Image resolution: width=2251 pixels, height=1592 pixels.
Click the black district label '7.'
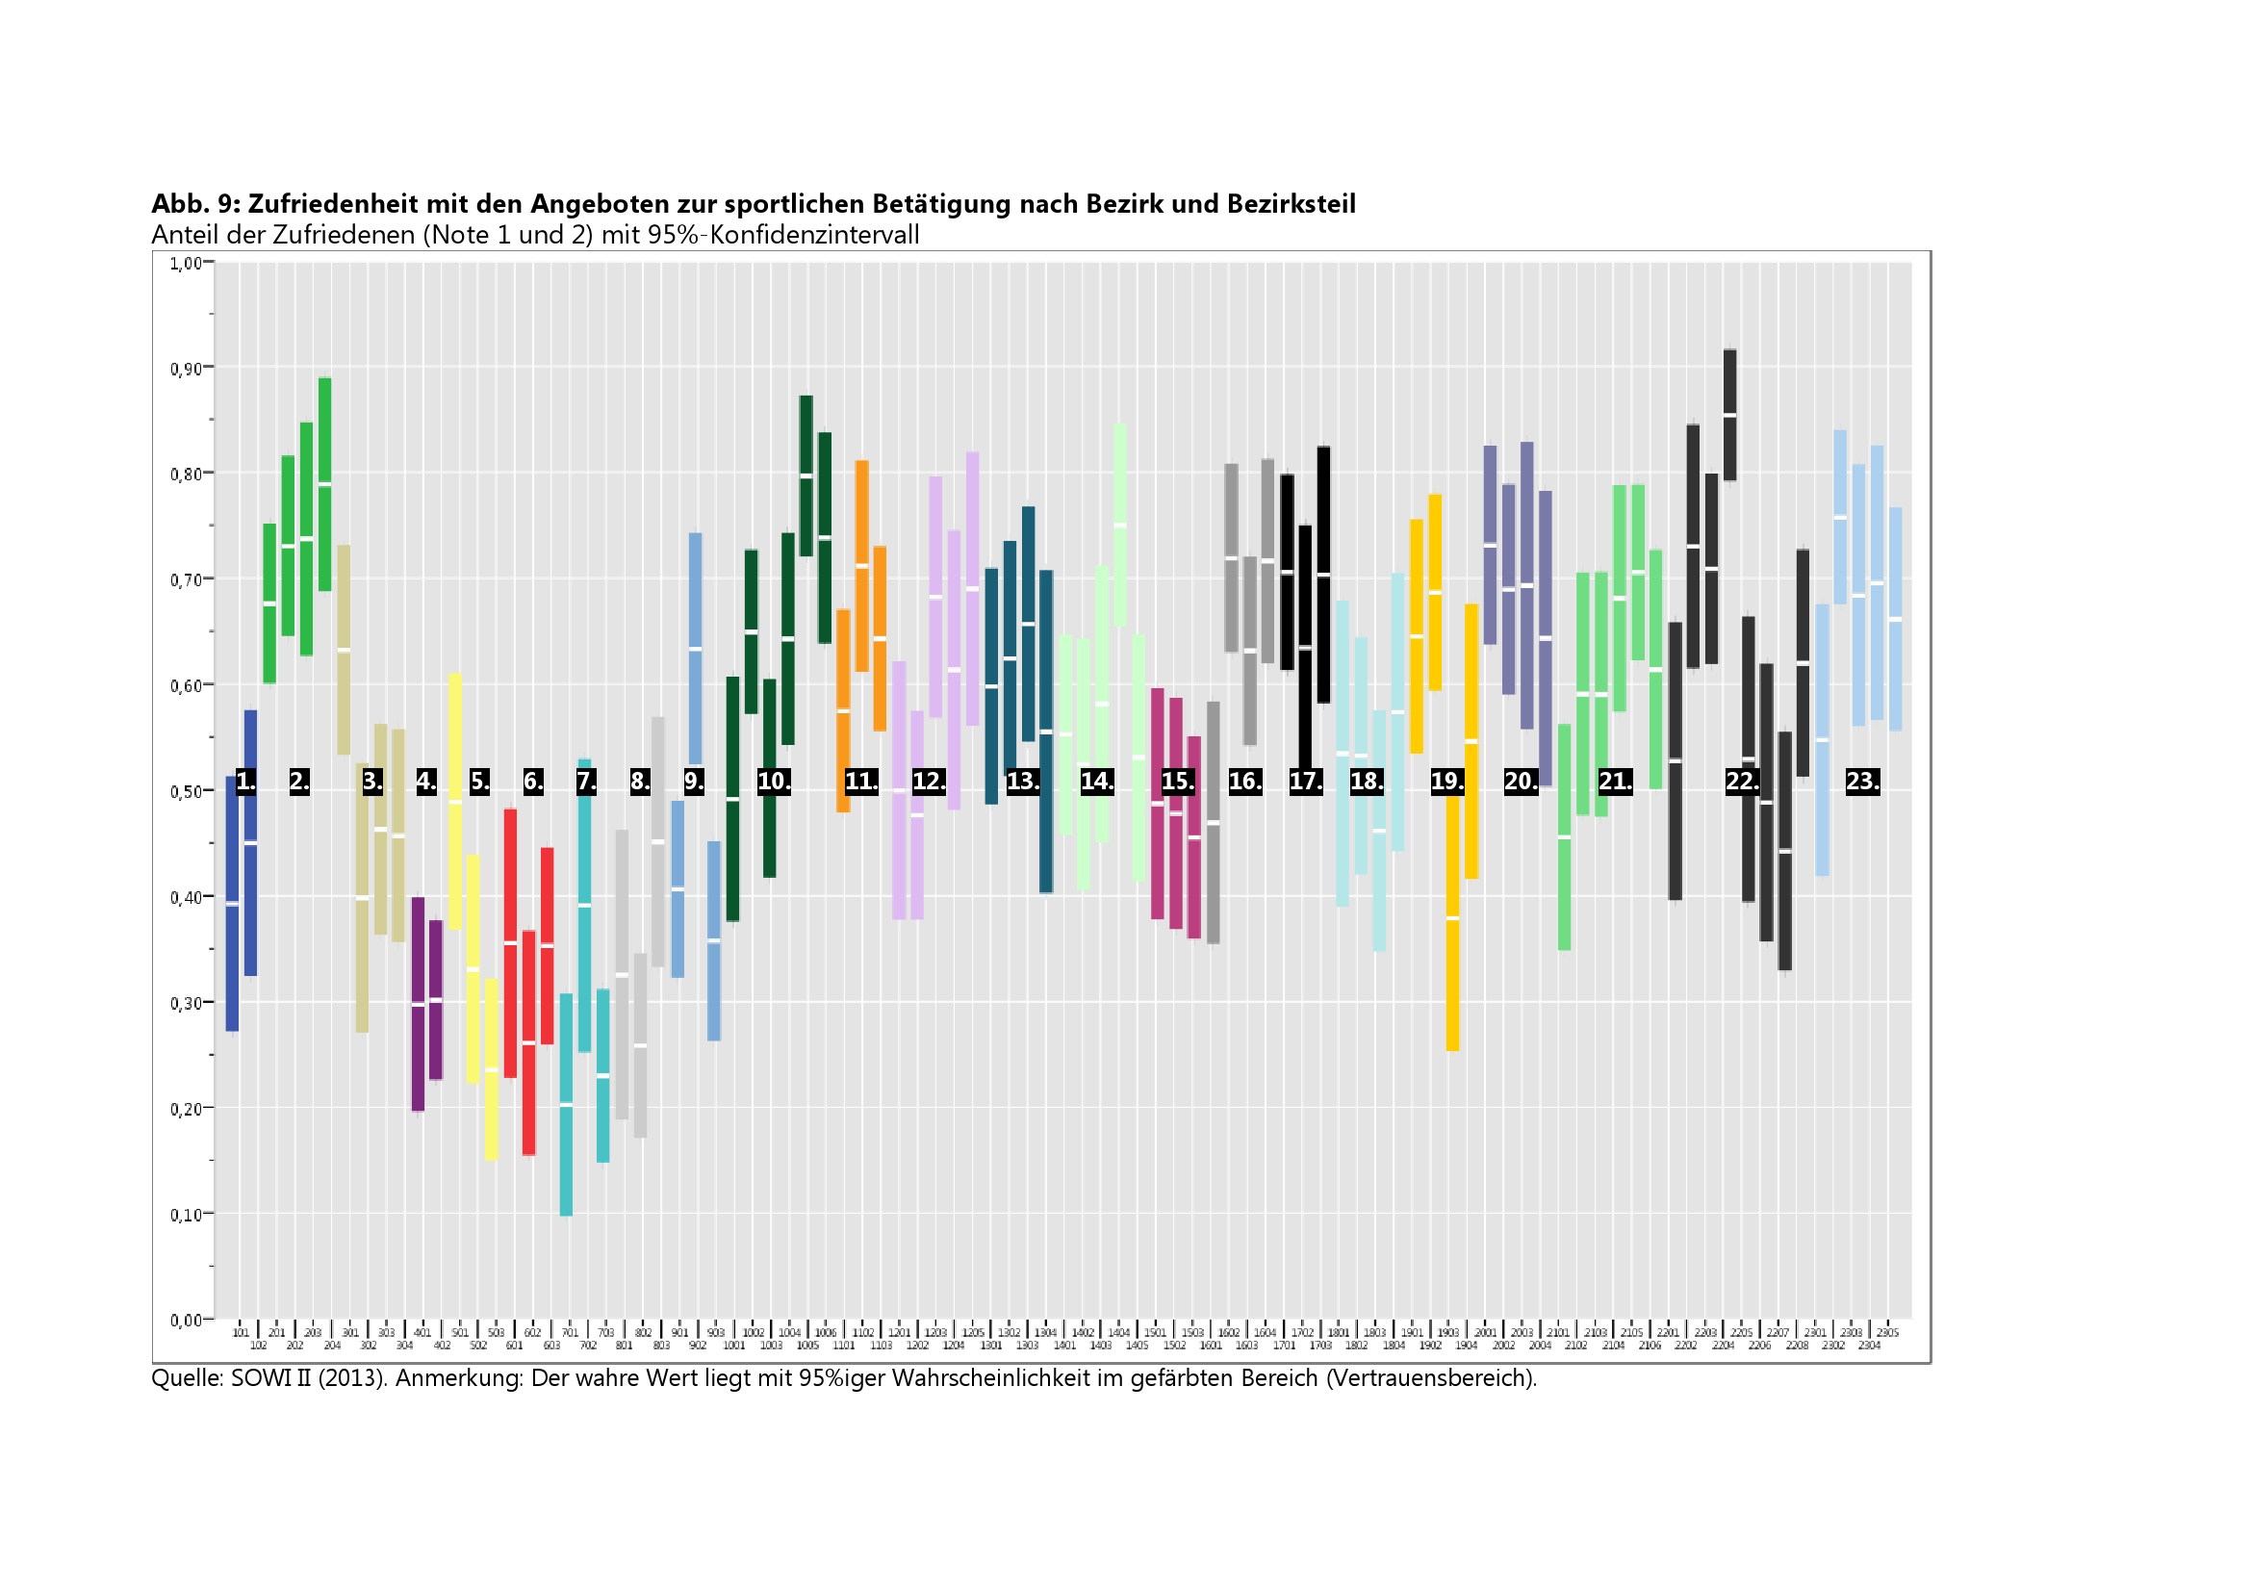click(x=586, y=782)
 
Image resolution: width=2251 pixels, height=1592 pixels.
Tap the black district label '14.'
click(x=1097, y=782)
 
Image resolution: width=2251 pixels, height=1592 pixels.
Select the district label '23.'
click(x=1863, y=782)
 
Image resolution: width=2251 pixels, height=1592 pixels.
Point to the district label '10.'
click(x=774, y=782)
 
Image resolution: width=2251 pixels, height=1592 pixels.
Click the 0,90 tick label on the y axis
click(x=187, y=370)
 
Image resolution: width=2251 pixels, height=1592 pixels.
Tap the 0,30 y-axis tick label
click(x=187, y=1004)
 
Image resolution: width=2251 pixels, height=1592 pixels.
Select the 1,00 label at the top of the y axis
click(x=187, y=263)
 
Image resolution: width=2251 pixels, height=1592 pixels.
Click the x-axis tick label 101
click(x=241, y=1333)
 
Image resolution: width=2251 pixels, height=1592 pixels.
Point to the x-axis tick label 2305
click(x=1887, y=1333)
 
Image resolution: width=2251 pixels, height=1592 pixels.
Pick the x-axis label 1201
click(x=899, y=1333)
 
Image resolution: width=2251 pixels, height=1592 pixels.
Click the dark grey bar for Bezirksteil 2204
click(x=1730, y=416)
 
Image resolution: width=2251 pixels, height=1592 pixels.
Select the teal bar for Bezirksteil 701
click(x=566, y=1105)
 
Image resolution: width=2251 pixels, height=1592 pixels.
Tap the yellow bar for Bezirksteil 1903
click(x=1453, y=921)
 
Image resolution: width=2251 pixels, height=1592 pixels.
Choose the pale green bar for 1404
click(x=1119, y=526)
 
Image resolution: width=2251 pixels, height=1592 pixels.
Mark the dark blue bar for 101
click(x=232, y=904)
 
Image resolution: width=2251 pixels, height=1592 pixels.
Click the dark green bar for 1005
click(x=806, y=476)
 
